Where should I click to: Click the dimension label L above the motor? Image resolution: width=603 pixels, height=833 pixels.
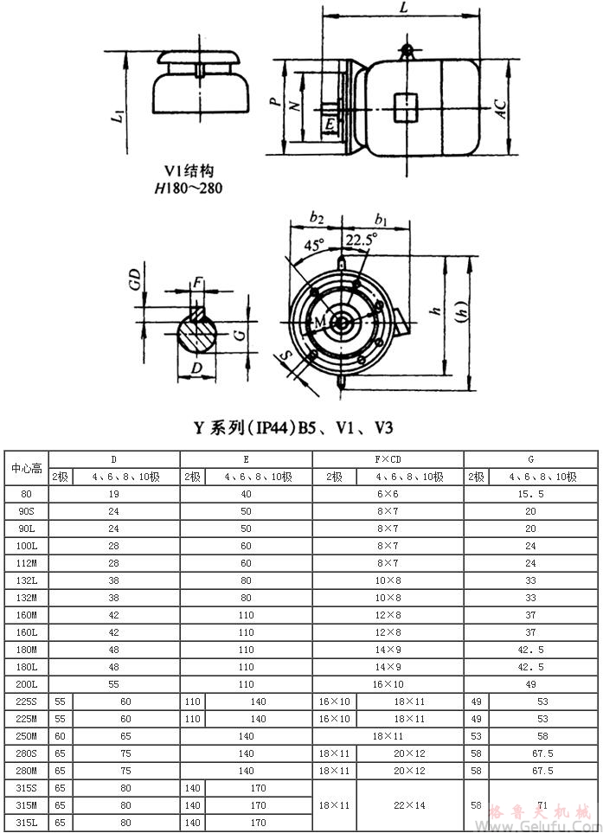coord(404,8)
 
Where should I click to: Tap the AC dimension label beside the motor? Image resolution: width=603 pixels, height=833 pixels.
coord(499,107)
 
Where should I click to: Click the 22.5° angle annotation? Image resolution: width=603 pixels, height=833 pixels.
coord(361,240)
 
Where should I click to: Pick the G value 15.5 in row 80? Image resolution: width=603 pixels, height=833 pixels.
coord(530,494)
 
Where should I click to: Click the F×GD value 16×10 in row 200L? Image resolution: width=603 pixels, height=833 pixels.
coord(388,684)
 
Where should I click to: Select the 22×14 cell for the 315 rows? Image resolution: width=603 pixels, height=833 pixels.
coord(409,805)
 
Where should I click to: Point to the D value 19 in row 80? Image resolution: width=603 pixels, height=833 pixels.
coord(114,494)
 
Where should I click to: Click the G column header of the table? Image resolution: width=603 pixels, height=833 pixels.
coord(530,459)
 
